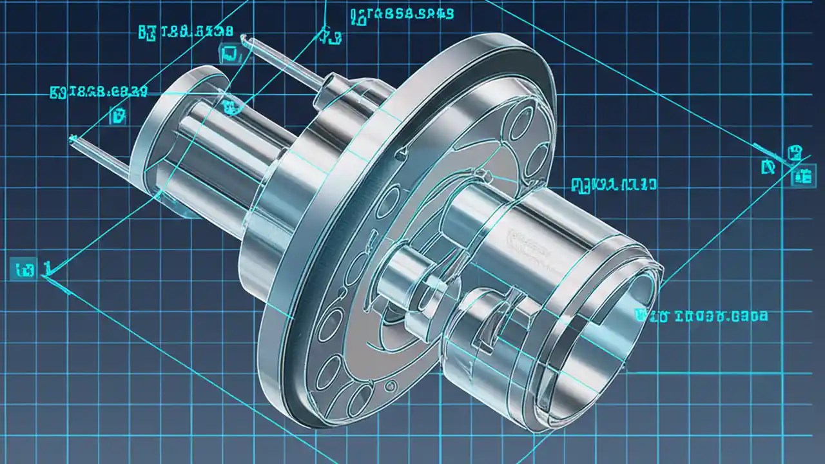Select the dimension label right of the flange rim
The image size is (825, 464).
tap(614, 185)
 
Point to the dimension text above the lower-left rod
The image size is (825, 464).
tap(99, 92)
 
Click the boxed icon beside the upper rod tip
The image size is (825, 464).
tap(228, 54)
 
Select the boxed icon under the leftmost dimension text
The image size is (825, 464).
tap(118, 116)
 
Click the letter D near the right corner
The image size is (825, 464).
tap(768, 168)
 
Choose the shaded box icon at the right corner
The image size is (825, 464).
tap(802, 177)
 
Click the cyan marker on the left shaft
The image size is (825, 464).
tap(229, 107)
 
